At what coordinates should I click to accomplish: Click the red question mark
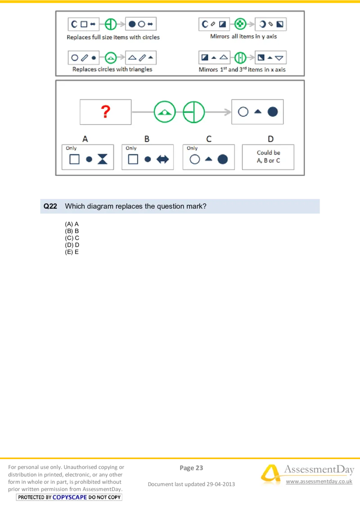[105, 112]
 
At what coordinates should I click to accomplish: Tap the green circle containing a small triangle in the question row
[165, 112]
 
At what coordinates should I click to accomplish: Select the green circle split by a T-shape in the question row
[193, 112]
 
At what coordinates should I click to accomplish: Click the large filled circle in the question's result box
[273, 112]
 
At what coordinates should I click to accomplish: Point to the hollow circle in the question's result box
[243, 112]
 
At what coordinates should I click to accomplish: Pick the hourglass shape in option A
[103, 159]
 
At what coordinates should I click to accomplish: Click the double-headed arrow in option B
[162, 159]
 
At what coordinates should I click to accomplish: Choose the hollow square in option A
[74, 159]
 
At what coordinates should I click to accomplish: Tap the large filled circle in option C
[223, 159]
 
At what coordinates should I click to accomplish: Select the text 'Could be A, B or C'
[268, 156]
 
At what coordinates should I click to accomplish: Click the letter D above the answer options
[270, 139]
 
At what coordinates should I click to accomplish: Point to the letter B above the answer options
[147, 139]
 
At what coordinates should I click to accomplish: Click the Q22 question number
[50, 206]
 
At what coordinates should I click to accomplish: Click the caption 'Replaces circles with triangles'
[112, 69]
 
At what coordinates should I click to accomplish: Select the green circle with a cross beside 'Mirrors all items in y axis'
[241, 24]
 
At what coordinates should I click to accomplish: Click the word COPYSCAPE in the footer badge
[69, 497]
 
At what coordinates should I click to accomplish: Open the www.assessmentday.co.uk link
[319, 482]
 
